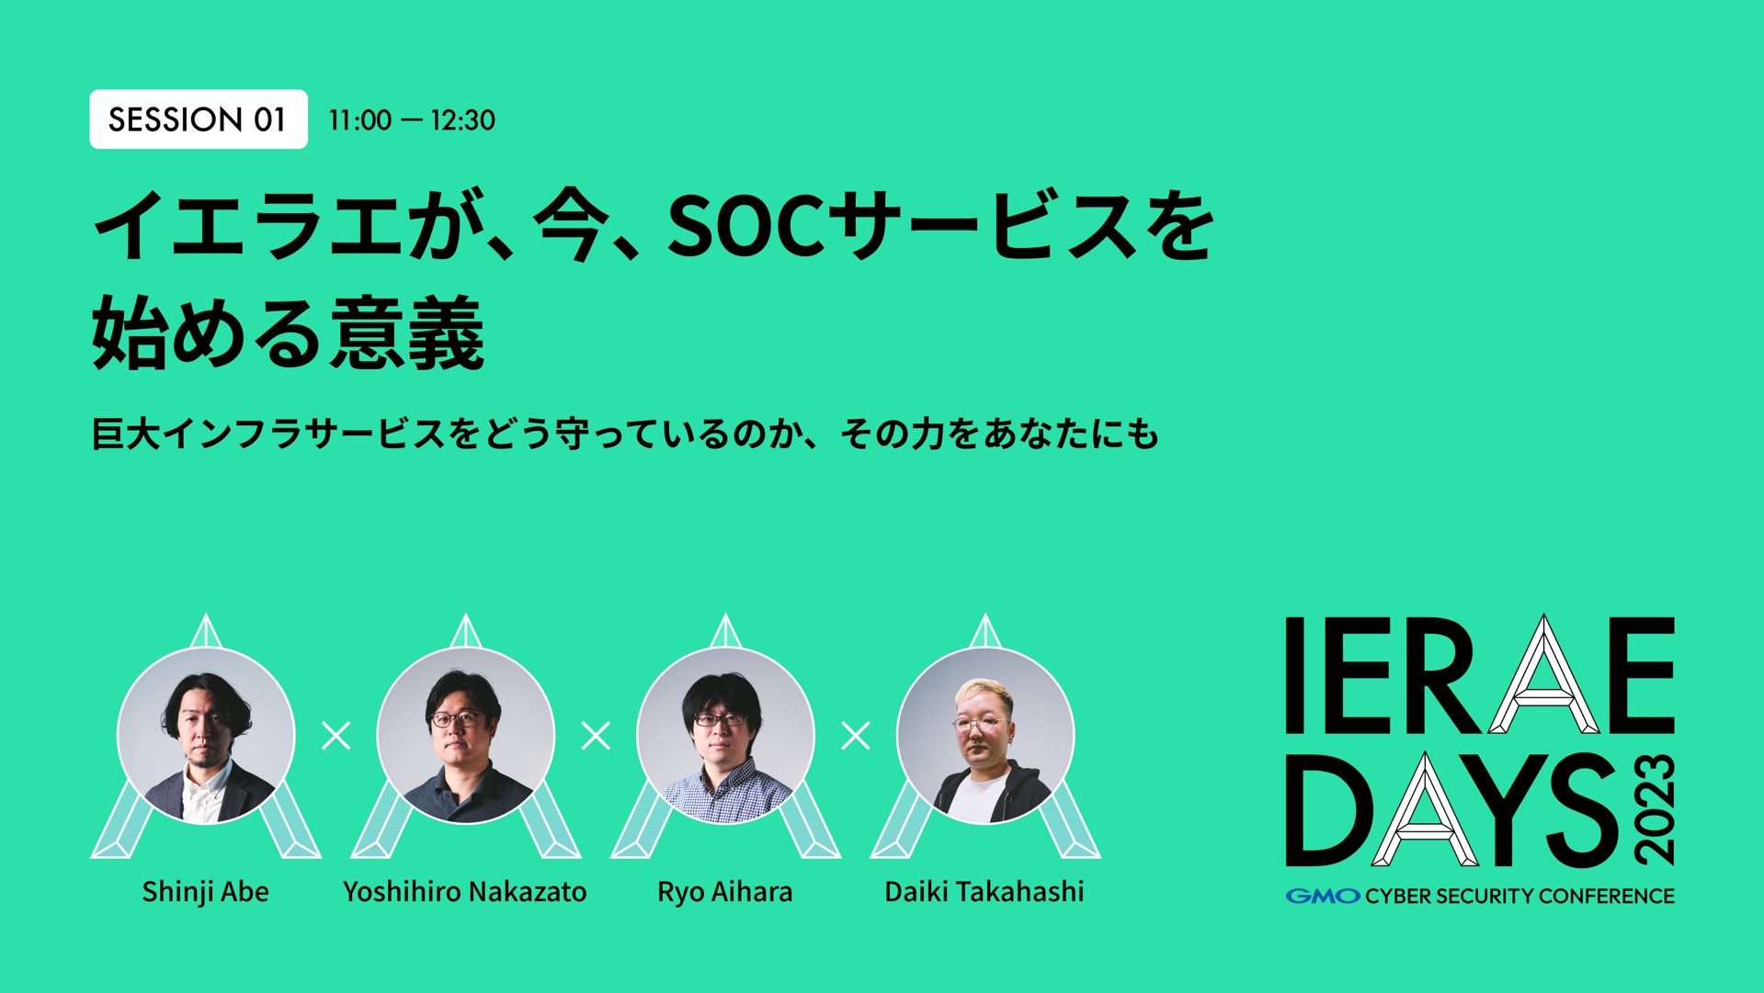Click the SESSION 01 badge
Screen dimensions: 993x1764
[x=198, y=119]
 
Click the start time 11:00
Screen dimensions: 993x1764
[x=359, y=120]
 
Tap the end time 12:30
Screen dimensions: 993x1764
[x=462, y=120]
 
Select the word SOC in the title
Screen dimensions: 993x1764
[x=745, y=226]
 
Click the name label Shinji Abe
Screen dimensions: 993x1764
[x=205, y=891]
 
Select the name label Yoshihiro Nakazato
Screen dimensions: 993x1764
[x=464, y=891]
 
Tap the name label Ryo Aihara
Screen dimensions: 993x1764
[x=724, y=891]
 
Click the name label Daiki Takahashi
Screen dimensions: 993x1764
[x=984, y=891]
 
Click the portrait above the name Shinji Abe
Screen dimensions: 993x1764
[x=206, y=735]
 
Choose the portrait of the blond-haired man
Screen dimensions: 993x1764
[x=984, y=735]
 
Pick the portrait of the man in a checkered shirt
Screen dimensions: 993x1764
[x=725, y=735]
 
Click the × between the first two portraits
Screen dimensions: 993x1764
[x=336, y=735]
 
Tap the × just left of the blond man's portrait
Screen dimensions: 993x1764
[x=855, y=735]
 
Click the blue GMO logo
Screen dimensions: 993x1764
[x=1322, y=896]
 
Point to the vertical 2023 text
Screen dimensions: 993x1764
[x=1655, y=809]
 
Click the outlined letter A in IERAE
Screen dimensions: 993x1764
[x=1543, y=676]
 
